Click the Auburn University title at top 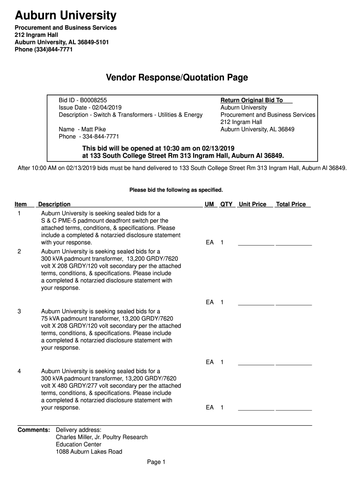pos(66,16)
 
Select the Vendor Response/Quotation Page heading pos(177,77)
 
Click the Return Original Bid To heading pos(252,100)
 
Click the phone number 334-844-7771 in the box pos(101,137)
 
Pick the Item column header pos(21,204)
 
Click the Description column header pos(54,204)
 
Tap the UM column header pos(209,204)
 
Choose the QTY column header pos(226,204)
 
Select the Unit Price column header pos(252,204)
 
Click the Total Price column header pos(291,204)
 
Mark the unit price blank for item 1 pos(256,243)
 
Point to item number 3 pos(19,311)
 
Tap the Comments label pos(34,429)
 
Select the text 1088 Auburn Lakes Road pos(89,452)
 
